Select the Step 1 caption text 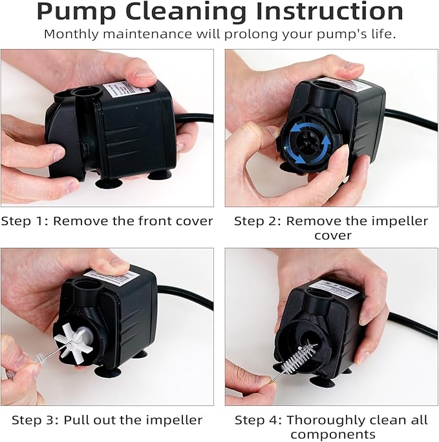pos(107,221)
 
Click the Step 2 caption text pos(330,228)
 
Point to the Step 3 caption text pos(106,420)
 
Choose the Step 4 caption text pos(330,427)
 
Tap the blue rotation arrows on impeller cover pos(306,140)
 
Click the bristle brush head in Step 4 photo pos(300,357)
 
